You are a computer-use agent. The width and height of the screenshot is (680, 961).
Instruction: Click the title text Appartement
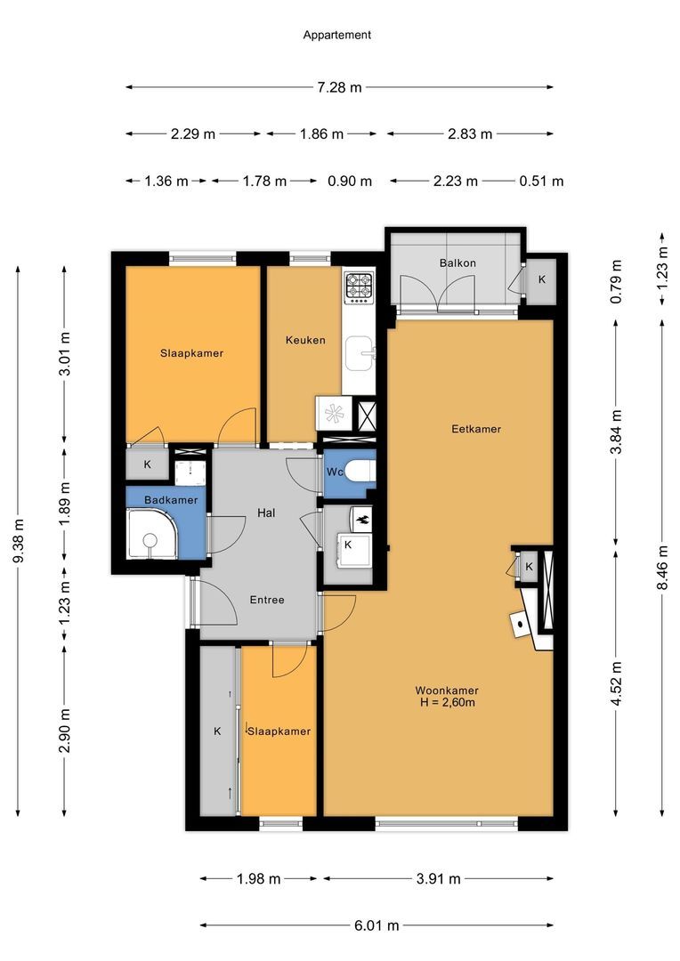[336, 36]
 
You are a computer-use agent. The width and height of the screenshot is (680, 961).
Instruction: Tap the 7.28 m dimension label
[338, 87]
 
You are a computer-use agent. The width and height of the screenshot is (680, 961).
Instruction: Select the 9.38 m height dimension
[19, 541]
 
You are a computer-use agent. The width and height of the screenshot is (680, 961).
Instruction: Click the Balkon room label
[457, 263]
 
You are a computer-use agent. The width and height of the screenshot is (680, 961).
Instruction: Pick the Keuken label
[305, 340]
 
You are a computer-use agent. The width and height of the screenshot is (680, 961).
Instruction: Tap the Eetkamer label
[476, 429]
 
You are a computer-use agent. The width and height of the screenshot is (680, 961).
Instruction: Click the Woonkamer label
[447, 690]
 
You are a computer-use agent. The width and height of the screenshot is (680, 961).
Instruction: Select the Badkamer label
[166, 500]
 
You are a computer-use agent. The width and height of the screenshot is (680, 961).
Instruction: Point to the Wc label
[335, 472]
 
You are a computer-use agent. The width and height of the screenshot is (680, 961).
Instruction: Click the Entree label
[266, 600]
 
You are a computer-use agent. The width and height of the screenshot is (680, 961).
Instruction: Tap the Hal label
[266, 513]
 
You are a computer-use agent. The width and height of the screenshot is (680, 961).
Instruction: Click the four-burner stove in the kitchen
[360, 286]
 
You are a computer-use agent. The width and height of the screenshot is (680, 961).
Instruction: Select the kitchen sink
[360, 351]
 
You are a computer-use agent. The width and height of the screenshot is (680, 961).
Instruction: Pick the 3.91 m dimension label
[437, 879]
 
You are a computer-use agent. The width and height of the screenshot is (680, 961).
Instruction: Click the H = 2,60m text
[447, 703]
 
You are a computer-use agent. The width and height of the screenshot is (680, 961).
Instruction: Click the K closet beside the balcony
[541, 279]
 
